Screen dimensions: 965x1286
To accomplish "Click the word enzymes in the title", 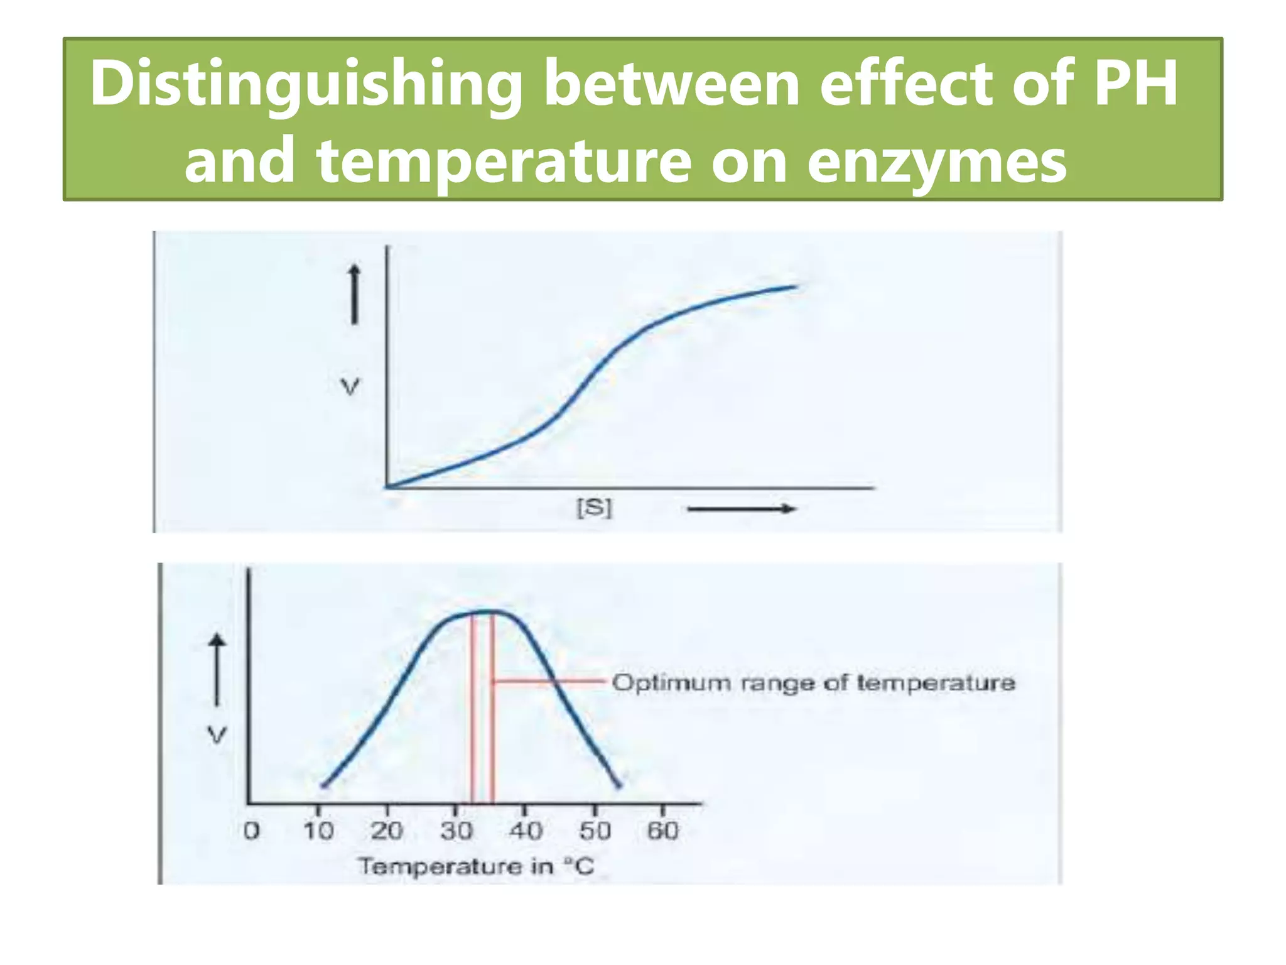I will point(936,162).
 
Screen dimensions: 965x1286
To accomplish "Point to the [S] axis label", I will point(594,508).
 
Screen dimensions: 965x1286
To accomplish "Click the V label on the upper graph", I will point(350,387).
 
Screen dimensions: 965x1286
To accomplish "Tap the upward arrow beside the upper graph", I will point(355,294).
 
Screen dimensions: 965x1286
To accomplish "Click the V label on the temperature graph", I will point(217,734).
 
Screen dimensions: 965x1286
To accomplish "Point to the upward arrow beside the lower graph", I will point(217,670).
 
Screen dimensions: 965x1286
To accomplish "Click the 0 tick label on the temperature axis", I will point(251,831).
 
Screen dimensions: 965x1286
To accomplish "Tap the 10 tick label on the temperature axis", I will point(318,831).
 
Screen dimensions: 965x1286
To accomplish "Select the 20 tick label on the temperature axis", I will point(387,831).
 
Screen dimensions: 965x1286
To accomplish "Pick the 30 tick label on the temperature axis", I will point(457,831).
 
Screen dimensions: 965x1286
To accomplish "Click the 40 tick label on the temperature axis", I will point(526,831).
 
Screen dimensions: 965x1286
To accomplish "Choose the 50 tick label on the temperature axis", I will point(595,831).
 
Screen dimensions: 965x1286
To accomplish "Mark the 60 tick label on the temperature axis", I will point(663,831).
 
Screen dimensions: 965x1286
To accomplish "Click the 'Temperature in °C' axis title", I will point(476,867).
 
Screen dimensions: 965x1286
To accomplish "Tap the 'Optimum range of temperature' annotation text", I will point(813,683).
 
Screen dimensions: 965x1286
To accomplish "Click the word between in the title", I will point(671,84).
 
